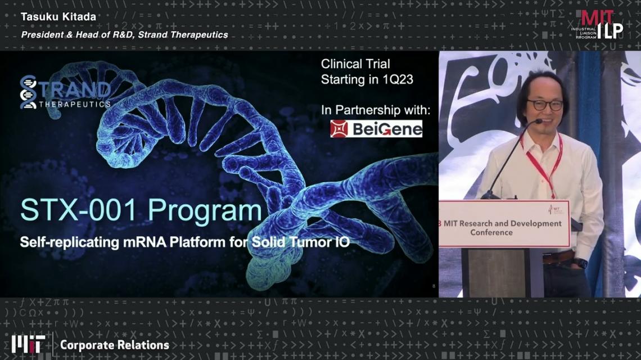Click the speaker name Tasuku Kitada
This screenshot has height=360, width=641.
pyautogui.click(x=58, y=17)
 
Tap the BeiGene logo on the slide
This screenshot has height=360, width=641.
pyautogui.click(x=376, y=128)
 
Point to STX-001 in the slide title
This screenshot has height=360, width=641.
pyautogui.click(x=78, y=210)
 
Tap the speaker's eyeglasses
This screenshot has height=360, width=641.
pyautogui.click(x=545, y=105)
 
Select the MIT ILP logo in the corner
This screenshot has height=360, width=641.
pyautogui.click(x=597, y=25)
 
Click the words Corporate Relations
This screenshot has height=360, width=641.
pyautogui.click(x=115, y=345)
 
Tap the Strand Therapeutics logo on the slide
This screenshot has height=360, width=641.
pyautogui.click(x=65, y=92)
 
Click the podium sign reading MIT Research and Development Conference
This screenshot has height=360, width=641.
pyautogui.click(x=504, y=224)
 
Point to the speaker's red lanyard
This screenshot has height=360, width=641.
pyautogui.click(x=544, y=166)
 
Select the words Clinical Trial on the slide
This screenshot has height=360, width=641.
pyautogui.click(x=355, y=64)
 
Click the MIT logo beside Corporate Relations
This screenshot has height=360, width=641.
pyautogui.click(x=28, y=344)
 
